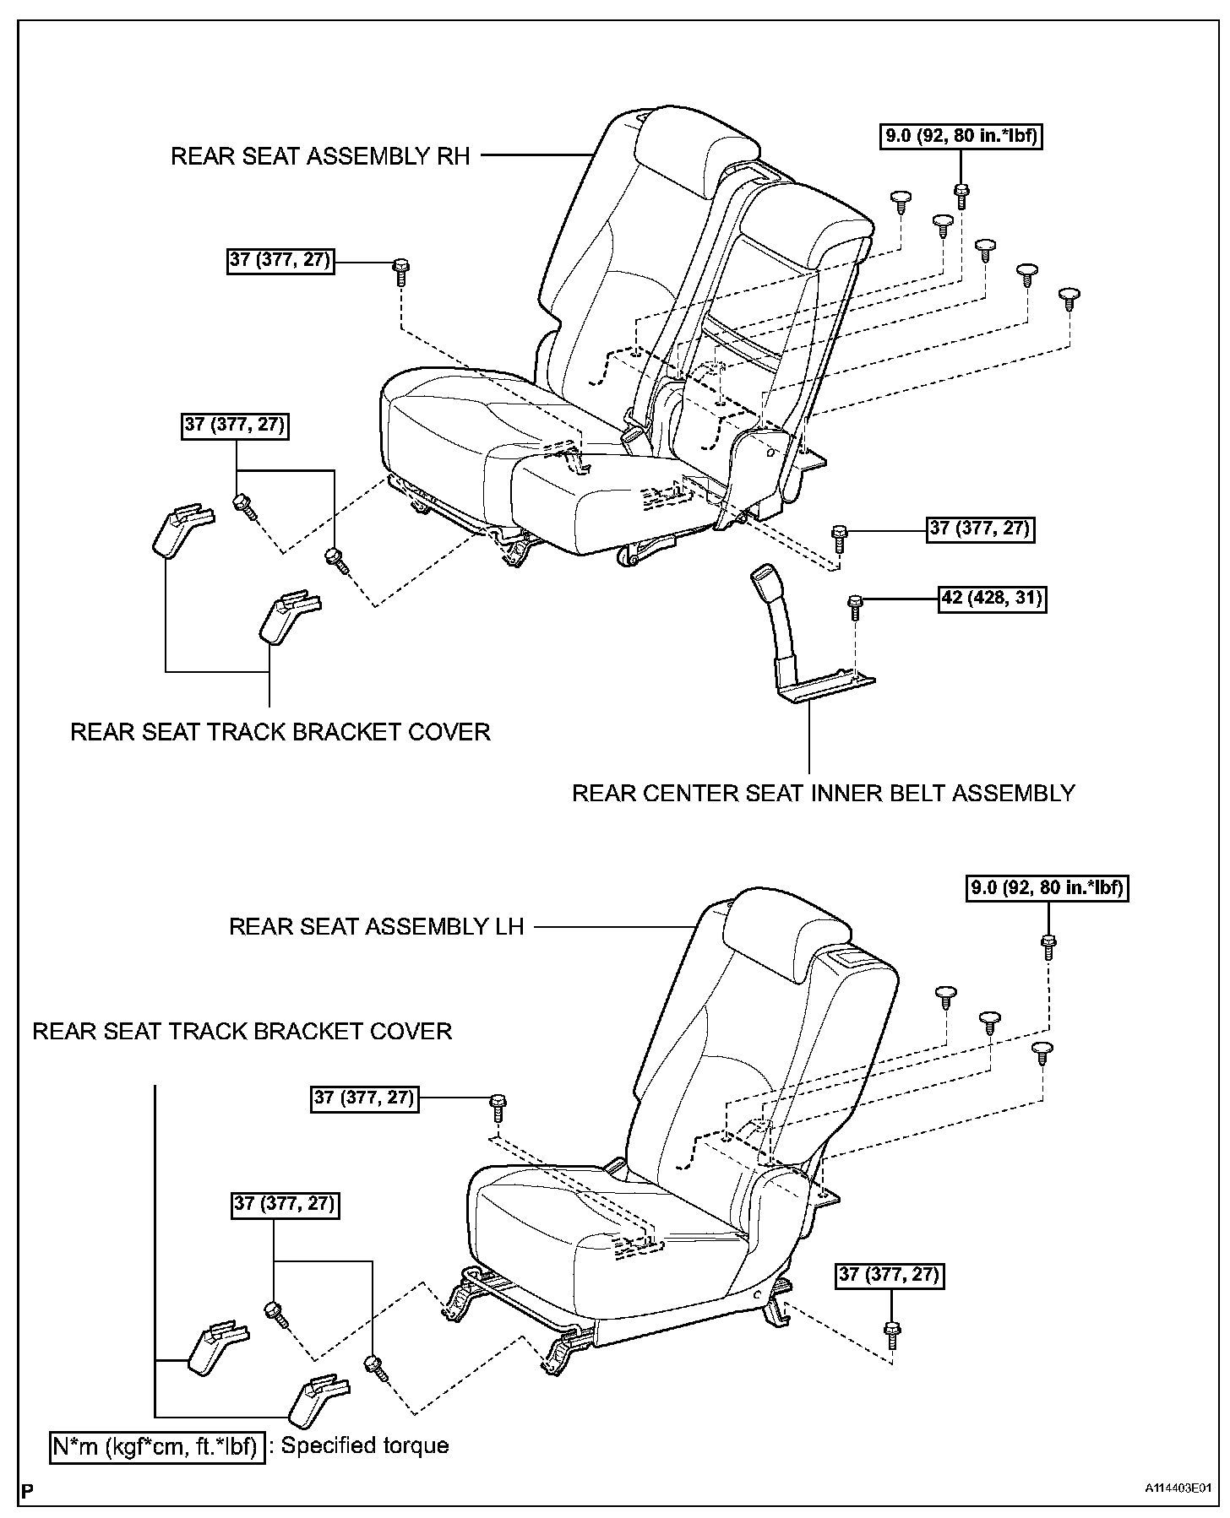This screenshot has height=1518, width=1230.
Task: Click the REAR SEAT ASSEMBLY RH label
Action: coord(320,156)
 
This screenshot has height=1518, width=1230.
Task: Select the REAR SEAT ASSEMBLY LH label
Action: coord(377,926)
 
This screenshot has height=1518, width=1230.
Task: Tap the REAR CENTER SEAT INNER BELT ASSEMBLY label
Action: coord(824,794)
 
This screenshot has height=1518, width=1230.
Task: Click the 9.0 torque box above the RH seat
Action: coord(961,135)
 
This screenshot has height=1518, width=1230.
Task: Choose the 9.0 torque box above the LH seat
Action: coord(1048,887)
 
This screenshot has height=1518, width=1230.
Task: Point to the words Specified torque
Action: coord(365,1445)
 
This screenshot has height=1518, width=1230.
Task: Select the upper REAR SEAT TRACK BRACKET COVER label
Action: coord(280,731)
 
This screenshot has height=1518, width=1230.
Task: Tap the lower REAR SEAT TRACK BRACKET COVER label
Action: coord(242,1031)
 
